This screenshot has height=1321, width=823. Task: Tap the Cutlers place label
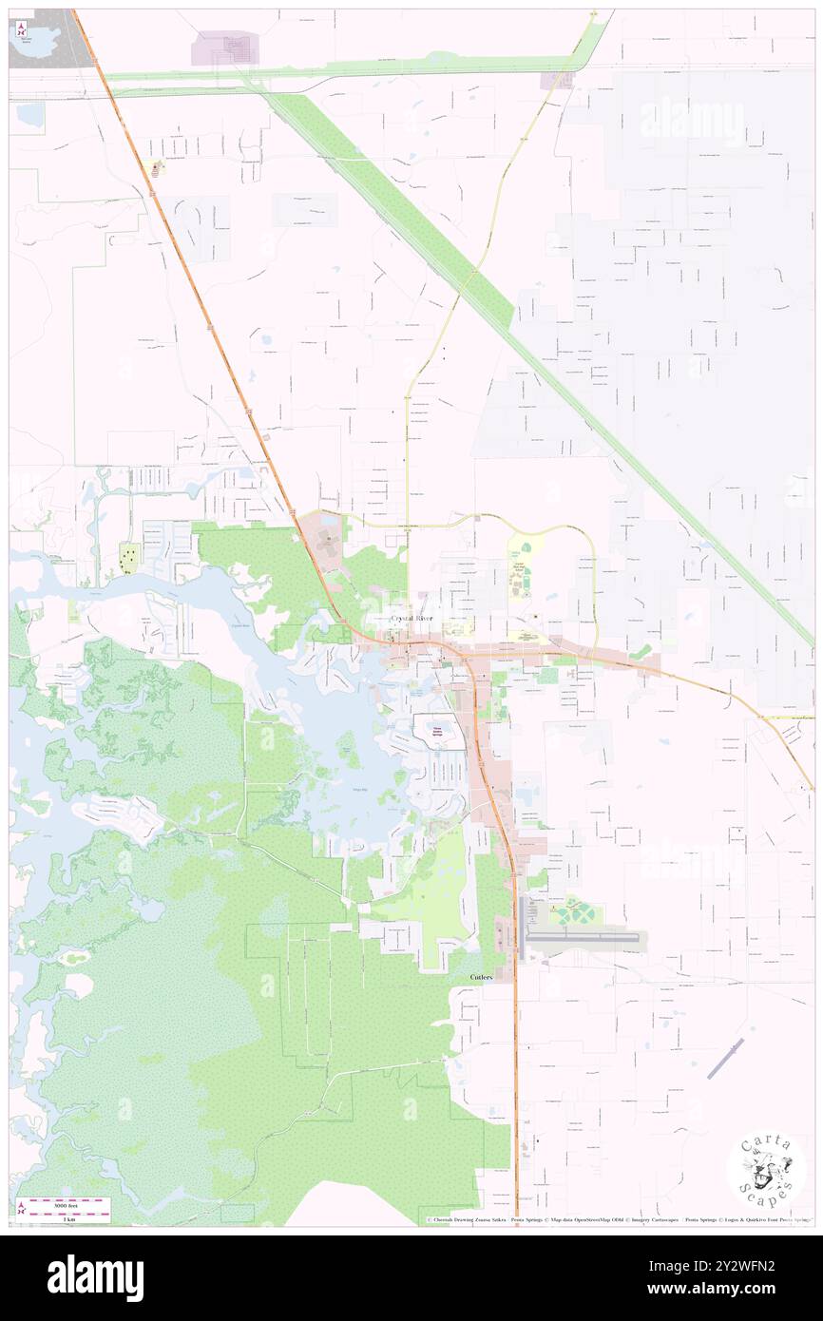[x=481, y=977]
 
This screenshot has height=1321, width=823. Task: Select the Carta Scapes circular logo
[x=766, y=1172]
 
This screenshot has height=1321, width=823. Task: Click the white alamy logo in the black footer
[x=95, y=1277]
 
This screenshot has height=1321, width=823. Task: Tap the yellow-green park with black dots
[x=128, y=559]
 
